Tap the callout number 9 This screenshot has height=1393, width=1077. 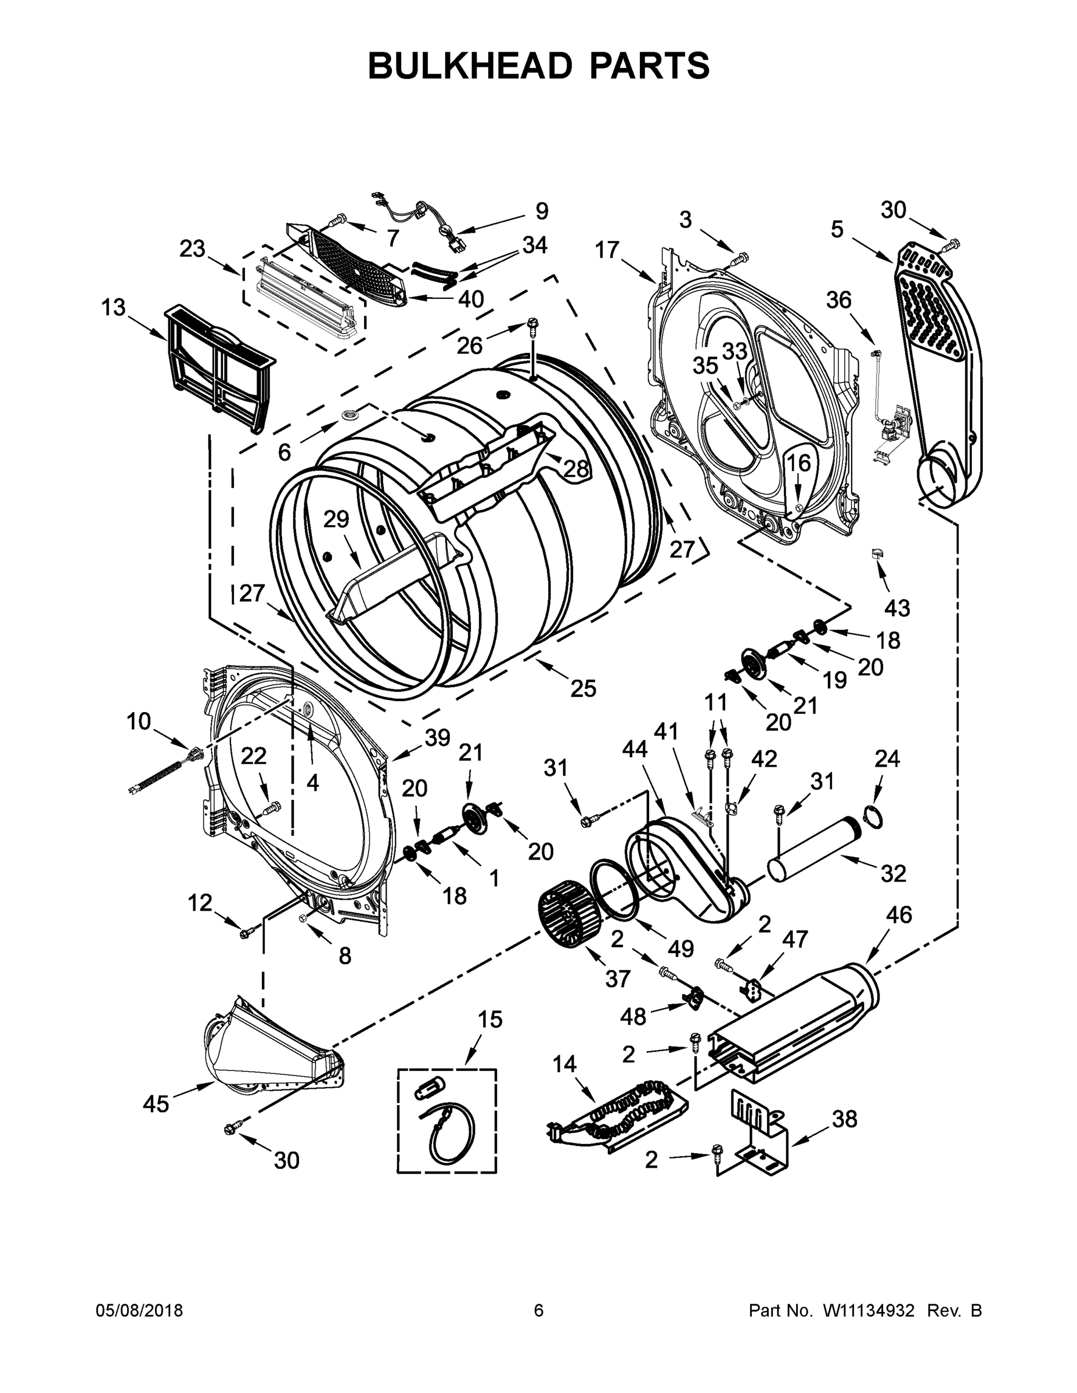[x=541, y=211]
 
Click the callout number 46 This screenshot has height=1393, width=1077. [x=899, y=915]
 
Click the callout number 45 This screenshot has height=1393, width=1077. [x=156, y=1103]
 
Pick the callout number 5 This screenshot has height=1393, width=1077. [x=837, y=228]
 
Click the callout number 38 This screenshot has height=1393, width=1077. [x=845, y=1118]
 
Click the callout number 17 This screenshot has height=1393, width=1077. [x=607, y=250]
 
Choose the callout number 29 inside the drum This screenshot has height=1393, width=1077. [x=336, y=519]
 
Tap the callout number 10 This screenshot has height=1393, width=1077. [x=138, y=721]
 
